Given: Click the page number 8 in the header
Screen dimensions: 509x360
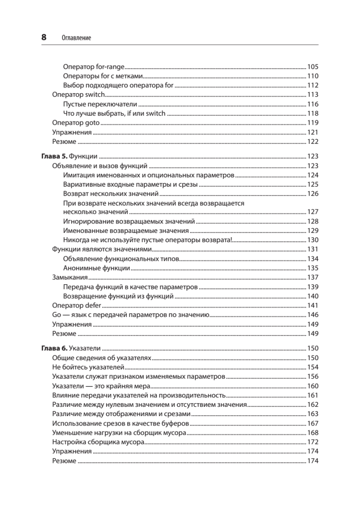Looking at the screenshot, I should pyautogui.click(x=44, y=37).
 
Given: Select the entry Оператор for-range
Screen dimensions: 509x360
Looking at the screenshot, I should pyautogui.click(x=93, y=67).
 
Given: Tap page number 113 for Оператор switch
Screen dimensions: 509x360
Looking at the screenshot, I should pyautogui.click(x=313, y=95).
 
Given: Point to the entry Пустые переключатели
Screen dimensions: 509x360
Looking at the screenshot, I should pyautogui.click(x=100, y=104).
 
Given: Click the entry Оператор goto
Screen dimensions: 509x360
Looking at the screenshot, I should pyautogui.click(x=75, y=123).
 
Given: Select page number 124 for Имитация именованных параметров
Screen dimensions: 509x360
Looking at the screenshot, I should pyautogui.click(x=313, y=175).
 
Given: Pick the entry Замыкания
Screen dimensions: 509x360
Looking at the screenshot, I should pyautogui.click(x=70, y=277).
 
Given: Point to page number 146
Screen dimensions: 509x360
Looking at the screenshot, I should pyautogui.click(x=313, y=315).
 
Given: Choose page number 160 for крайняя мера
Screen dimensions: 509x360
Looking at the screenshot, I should pyautogui.click(x=313, y=386).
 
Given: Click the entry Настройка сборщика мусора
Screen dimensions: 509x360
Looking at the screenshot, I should pyautogui.click(x=98, y=442).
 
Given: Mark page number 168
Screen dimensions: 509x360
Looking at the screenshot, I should pyautogui.click(x=313, y=432).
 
